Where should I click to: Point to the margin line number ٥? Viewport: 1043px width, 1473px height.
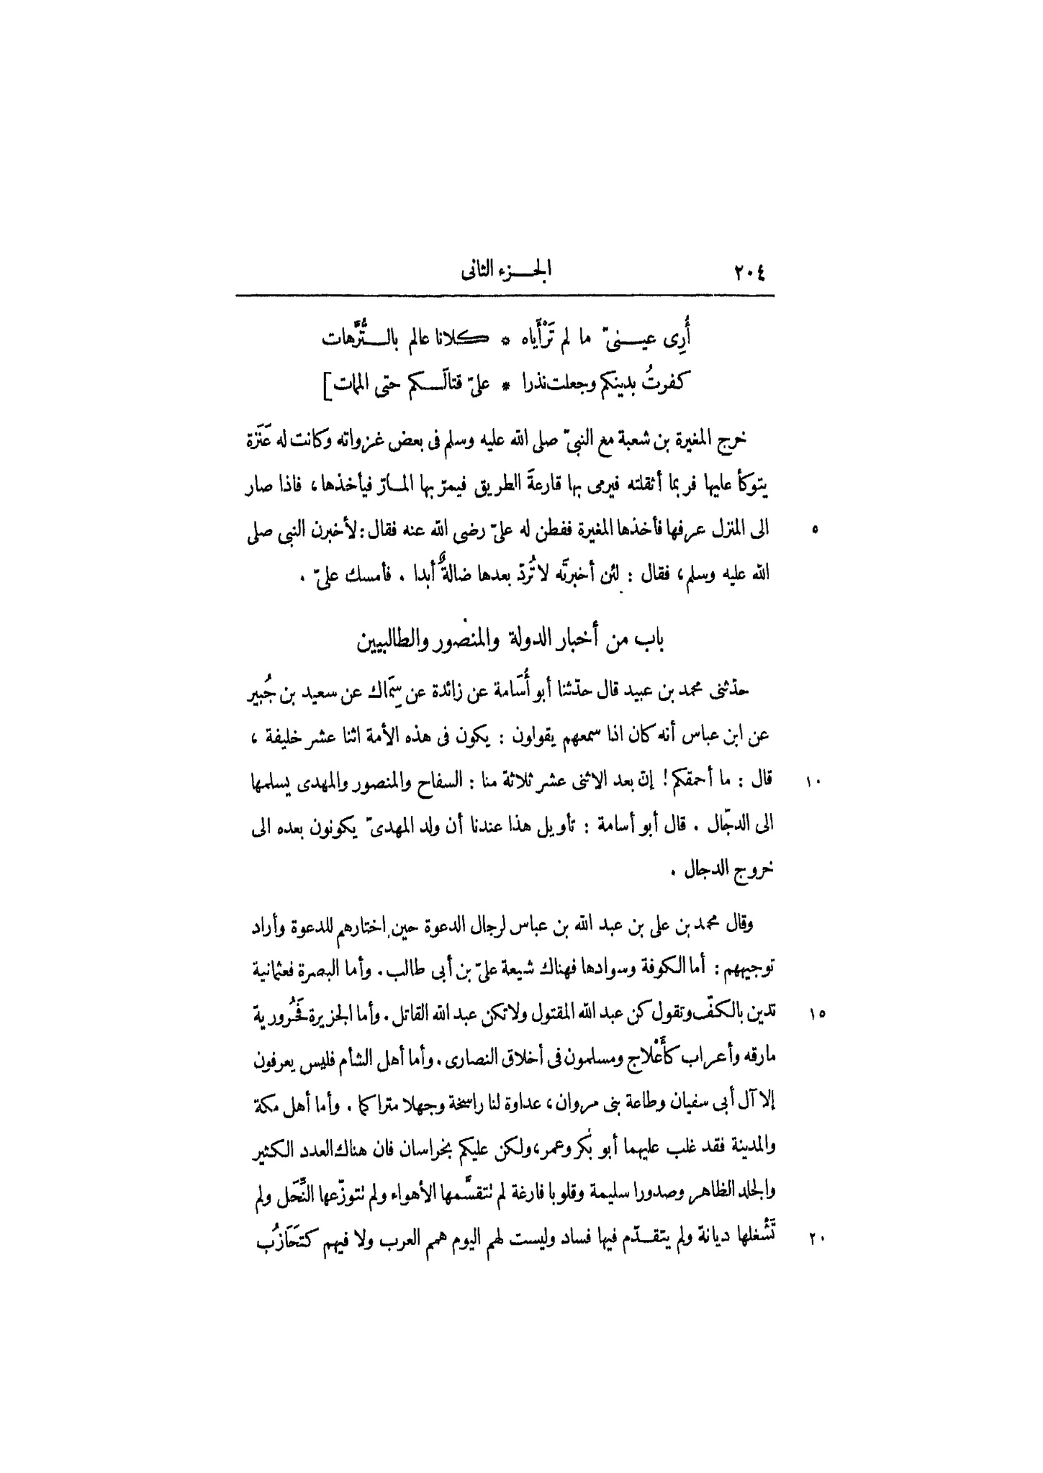pyautogui.click(x=814, y=531)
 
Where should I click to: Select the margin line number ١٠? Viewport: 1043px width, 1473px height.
pyautogui.click(x=814, y=781)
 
